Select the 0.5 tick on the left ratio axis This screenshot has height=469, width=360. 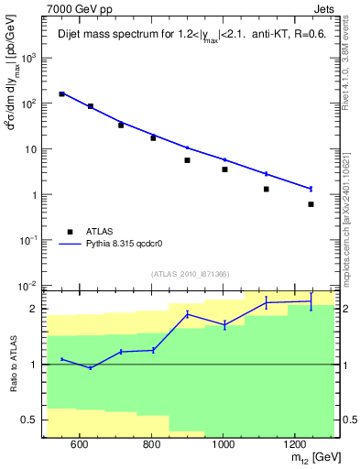[x=32, y=420]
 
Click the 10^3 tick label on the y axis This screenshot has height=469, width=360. [x=29, y=57]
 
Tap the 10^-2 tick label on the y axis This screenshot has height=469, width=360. [x=29, y=286]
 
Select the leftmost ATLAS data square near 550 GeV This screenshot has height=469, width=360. [x=61, y=93]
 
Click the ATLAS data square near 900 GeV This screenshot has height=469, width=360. [x=187, y=160]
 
